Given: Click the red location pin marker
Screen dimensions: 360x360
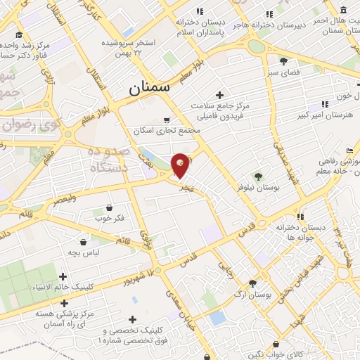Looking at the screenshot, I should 181,165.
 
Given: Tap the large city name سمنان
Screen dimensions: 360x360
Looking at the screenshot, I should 149,89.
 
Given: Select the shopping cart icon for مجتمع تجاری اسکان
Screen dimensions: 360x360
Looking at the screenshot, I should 167,120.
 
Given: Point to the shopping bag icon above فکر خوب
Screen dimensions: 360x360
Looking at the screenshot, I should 110,207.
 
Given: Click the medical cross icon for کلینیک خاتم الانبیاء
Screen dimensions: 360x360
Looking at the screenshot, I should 64,277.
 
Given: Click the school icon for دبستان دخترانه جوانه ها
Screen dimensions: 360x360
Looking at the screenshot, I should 300,217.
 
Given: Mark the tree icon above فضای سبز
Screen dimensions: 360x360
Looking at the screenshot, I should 283,61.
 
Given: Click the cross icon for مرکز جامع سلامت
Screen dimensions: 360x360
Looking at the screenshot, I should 220,95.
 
